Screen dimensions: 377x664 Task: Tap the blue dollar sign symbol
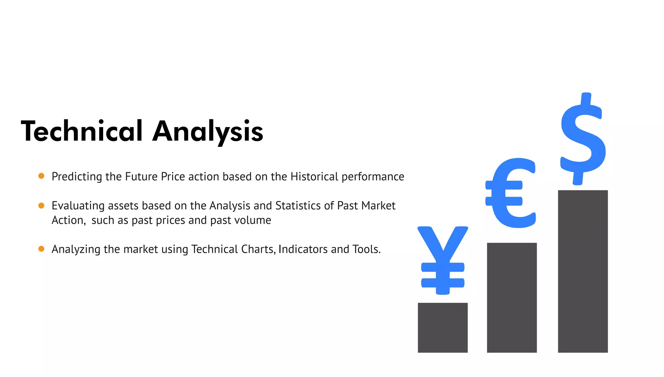[x=583, y=139]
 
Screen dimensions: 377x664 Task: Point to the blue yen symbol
[x=443, y=259]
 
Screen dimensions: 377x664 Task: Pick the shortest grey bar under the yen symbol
[x=443, y=327]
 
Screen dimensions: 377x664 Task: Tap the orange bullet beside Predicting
[x=41, y=176]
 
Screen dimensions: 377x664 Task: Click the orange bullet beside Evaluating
[x=41, y=206]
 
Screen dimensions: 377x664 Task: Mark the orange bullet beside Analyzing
[x=41, y=249]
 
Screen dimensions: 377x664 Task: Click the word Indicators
[x=303, y=249]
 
